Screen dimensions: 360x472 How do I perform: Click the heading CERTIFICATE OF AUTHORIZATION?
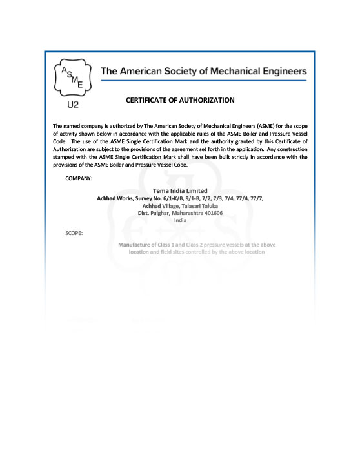tap(180, 100)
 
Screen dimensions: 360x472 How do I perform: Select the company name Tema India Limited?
tap(180, 190)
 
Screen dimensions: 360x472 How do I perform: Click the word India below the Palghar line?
tap(180, 220)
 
